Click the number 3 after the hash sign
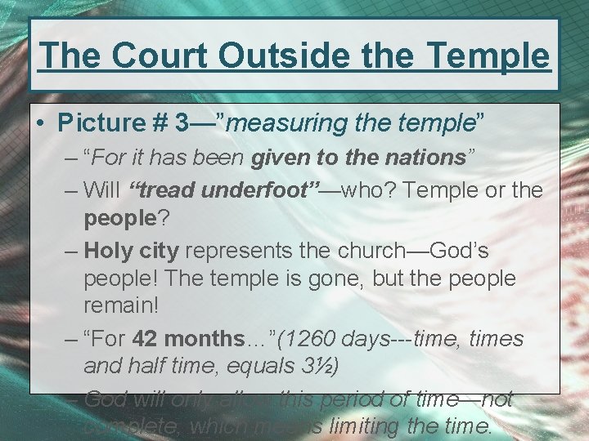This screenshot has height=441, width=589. (x=184, y=122)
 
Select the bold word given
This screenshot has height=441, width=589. (x=283, y=157)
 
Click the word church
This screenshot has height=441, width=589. (x=384, y=249)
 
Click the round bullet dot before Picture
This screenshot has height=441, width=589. (x=41, y=123)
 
